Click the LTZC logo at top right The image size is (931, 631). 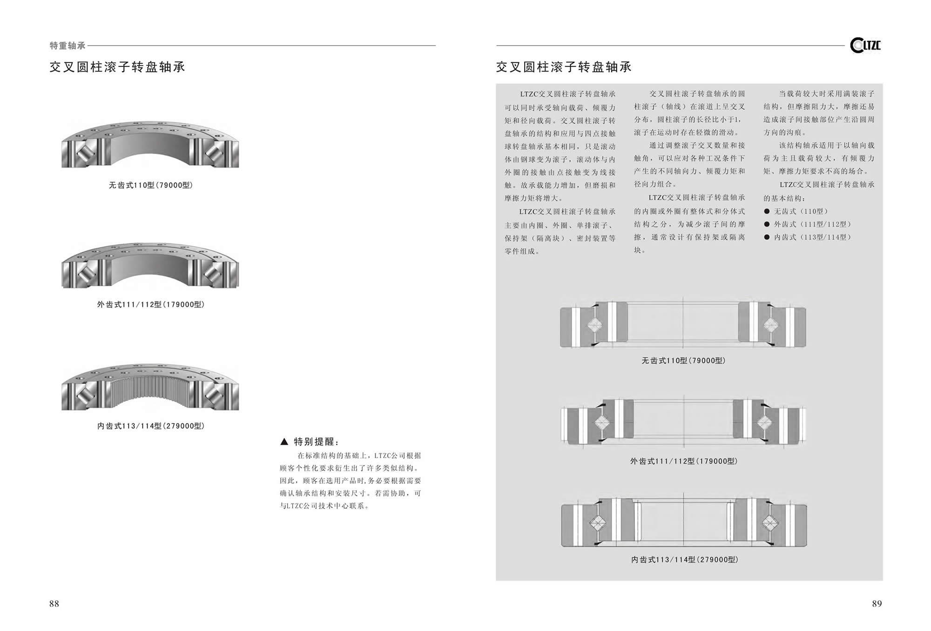tap(865, 45)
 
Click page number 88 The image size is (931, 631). tap(54, 604)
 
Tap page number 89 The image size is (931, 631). tap(877, 604)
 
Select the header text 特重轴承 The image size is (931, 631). tap(67, 46)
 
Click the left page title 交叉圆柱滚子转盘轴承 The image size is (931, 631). tap(117, 67)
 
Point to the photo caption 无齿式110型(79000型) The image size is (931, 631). tap(151, 185)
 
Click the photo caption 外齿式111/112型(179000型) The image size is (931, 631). tap(151, 304)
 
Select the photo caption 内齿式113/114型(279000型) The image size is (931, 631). tap(151, 426)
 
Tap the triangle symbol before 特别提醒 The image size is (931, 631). tap(284, 442)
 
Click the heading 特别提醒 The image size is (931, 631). tap(317, 442)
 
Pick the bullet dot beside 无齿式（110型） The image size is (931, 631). tap(767, 211)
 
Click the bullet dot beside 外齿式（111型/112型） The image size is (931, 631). tap(767, 224)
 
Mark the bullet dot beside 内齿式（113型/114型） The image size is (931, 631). tap(767, 237)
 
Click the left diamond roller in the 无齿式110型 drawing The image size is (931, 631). tap(594, 325)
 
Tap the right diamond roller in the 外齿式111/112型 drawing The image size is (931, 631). tap(764, 423)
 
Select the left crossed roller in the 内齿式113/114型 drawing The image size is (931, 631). tap(598, 523)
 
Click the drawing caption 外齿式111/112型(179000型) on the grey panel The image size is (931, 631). tap(683, 461)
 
